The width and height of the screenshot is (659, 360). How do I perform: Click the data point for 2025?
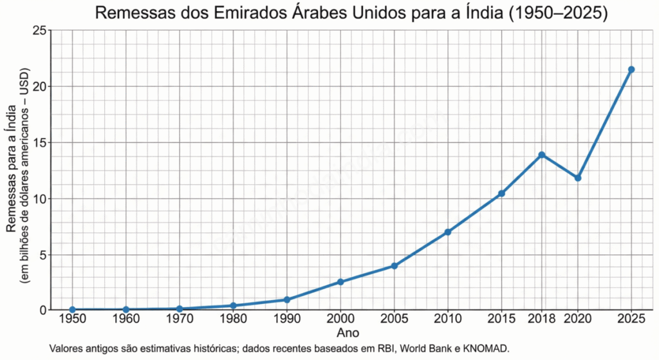click(631, 70)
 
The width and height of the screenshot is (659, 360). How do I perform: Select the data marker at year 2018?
click(542, 155)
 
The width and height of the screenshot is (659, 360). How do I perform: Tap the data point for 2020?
click(578, 178)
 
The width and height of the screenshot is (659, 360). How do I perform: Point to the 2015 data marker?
click(501, 193)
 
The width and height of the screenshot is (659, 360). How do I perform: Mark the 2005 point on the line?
click(394, 265)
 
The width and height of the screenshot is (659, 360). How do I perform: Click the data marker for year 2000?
click(340, 282)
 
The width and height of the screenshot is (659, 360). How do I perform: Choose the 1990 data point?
click(287, 299)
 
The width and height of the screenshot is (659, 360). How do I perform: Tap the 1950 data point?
click(72, 310)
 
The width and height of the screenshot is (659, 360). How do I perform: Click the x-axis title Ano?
click(348, 334)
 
